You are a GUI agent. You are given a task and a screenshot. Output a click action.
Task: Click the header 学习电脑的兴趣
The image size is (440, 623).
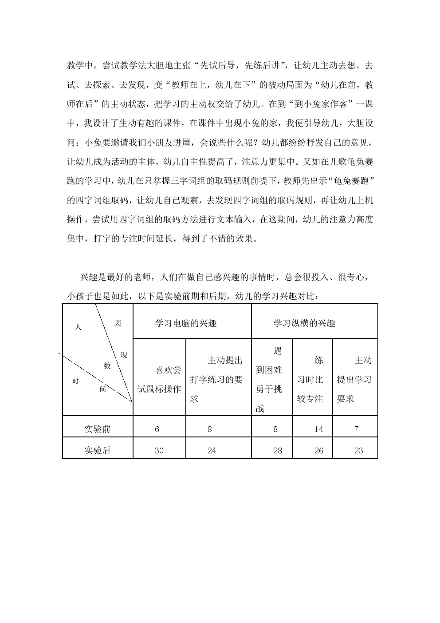pyautogui.click(x=185, y=323)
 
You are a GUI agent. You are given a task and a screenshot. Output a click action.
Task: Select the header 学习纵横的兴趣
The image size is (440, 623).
pyautogui.click(x=304, y=323)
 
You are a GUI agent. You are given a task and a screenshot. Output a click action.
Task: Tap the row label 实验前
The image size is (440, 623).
pyautogui.click(x=98, y=429)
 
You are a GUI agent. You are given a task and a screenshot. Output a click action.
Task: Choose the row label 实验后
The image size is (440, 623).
pyautogui.click(x=98, y=450)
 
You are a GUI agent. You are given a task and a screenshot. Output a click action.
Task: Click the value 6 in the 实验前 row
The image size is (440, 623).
pyautogui.click(x=157, y=429)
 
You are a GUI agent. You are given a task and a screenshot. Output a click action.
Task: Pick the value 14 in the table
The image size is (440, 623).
pyautogui.click(x=318, y=429)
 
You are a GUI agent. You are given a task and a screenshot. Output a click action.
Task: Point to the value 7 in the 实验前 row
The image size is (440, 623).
pyautogui.click(x=357, y=429)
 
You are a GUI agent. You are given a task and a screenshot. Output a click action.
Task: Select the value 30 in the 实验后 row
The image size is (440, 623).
pyautogui.click(x=159, y=450)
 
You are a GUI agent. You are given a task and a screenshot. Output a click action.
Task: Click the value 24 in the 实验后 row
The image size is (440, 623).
pyautogui.click(x=212, y=450)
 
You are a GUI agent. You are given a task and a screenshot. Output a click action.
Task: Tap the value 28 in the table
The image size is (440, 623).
pyautogui.click(x=278, y=450)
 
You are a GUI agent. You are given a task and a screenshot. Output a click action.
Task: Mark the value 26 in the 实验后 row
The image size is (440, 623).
pyautogui.click(x=318, y=450)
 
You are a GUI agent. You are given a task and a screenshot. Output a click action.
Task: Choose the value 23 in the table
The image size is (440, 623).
pyautogui.click(x=358, y=450)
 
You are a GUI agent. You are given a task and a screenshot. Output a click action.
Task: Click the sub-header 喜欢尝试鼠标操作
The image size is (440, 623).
pyautogui.click(x=159, y=379)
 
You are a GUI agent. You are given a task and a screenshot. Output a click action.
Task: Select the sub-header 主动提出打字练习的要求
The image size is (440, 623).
pyautogui.click(x=218, y=379)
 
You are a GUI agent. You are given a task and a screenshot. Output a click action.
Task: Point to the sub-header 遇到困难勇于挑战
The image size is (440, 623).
pyautogui.click(x=270, y=379)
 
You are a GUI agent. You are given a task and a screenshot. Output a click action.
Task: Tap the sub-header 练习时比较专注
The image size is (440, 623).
pyautogui.click(x=311, y=379)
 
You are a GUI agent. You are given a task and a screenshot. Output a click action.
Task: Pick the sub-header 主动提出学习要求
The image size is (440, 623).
pyautogui.click(x=355, y=379)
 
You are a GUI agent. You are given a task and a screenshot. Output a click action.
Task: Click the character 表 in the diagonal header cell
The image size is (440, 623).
pyautogui.click(x=118, y=323)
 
